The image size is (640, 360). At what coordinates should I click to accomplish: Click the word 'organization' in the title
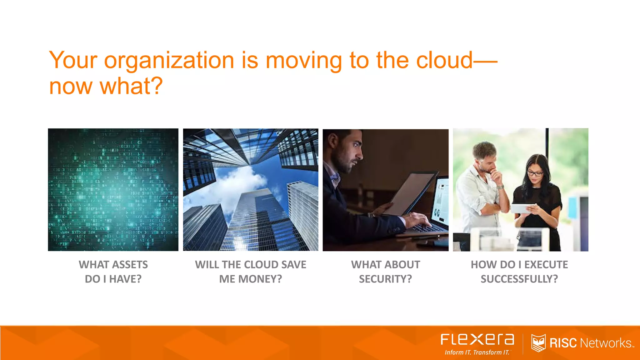169,61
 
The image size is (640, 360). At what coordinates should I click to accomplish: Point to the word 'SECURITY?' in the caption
385,279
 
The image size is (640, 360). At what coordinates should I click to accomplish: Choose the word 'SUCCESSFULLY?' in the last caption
519,279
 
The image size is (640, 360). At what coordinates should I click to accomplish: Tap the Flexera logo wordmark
477,339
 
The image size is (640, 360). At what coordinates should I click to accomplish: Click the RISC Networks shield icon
538,343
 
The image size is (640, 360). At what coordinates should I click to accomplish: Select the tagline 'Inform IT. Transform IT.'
477,352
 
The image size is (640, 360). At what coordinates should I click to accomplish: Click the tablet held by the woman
523,208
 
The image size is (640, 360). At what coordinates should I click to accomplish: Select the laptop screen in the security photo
440,200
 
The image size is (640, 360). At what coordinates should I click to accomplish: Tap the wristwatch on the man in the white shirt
500,187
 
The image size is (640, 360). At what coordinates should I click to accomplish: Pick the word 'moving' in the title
303,61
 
